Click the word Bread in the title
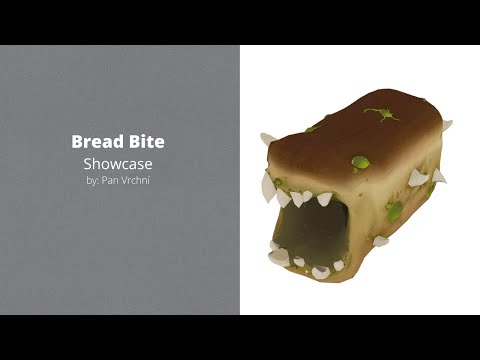(x=97, y=143)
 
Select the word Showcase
(x=119, y=163)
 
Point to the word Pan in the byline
(x=113, y=180)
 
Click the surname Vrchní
(x=137, y=180)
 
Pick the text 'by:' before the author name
(x=94, y=180)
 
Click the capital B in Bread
(x=76, y=143)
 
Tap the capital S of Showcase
(x=88, y=163)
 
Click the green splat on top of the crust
(x=380, y=114)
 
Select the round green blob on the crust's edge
(x=360, y=161)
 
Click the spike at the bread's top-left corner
(x=268, y=139)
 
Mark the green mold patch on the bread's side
(x=394, y=211)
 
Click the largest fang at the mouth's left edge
(x=267, y=186)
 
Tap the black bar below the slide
(x=240, y=337)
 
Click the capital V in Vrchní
(x=126, y=180)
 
